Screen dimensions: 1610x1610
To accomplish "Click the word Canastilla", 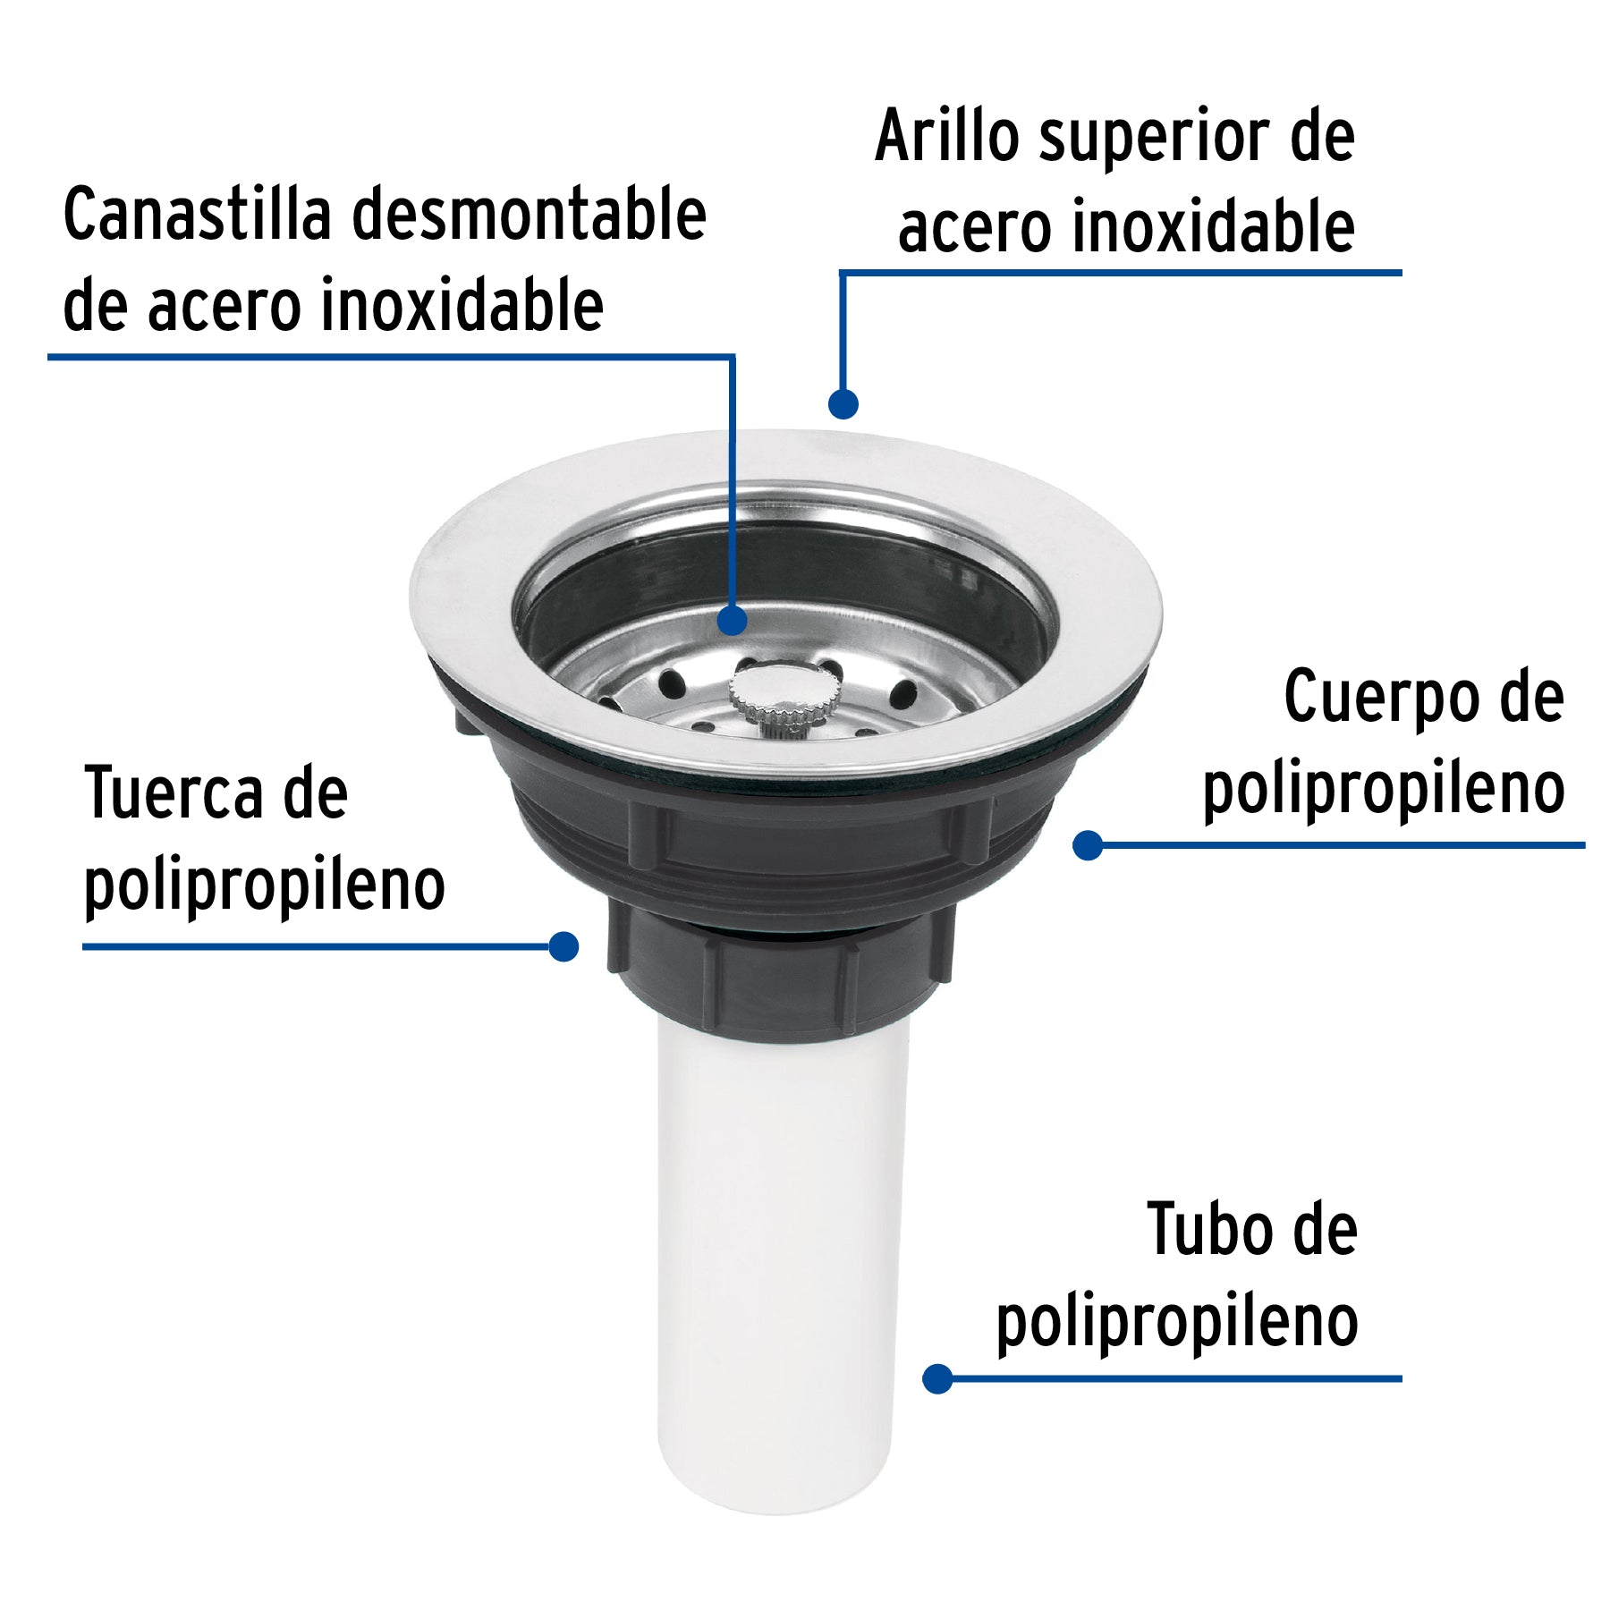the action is tap(198, 215).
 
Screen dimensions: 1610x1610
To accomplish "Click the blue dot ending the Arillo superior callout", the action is tap(843, 403).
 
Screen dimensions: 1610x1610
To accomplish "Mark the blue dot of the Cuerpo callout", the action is tap(1088, 845).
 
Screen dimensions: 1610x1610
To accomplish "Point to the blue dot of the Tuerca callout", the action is tap(563, 946).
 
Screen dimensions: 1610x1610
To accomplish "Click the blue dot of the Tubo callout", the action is tap(937, 1378).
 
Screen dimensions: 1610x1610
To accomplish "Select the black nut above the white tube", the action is tap(778, 975).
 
